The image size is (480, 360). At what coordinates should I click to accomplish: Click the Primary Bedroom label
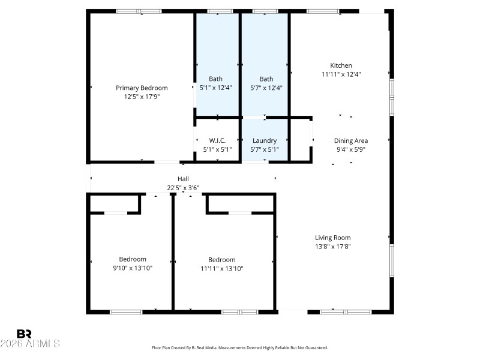click(142, 88)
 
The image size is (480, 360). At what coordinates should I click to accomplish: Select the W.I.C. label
click(217, 140)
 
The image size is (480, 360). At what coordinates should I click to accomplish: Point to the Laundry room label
click(265, 140)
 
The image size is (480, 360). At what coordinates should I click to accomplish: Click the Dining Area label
click(350, 140)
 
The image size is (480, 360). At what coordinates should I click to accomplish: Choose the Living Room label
click(332, 238)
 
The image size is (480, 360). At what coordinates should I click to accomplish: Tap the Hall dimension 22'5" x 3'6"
click(183, 187)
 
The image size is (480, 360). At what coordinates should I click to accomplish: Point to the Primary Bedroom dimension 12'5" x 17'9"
click(142, 96)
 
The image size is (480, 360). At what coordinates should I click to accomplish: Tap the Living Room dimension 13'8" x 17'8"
click(332, 246)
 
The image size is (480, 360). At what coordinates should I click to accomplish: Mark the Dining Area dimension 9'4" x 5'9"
click(350, 149)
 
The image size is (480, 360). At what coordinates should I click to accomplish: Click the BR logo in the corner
click(24, 334)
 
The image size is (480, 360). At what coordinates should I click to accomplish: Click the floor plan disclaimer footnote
click(240, 347)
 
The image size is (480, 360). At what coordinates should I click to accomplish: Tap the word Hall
click(183, 179)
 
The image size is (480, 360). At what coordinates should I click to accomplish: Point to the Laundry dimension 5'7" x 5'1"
click(265, 149)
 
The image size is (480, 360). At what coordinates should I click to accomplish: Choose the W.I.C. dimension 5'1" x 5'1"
click(217, 149)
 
